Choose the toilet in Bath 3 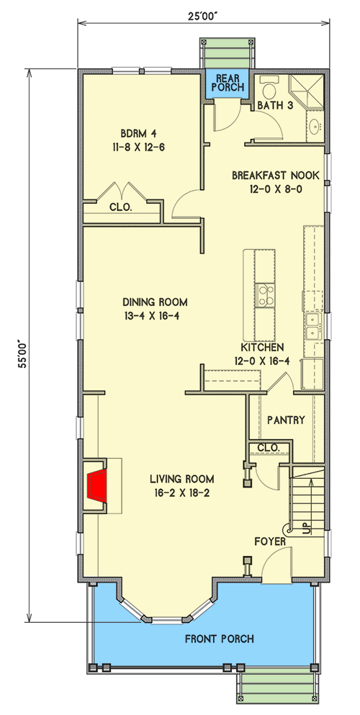[269, 90]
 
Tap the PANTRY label [286, 420]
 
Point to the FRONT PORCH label [219, 639]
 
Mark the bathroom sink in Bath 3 [315, 127]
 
